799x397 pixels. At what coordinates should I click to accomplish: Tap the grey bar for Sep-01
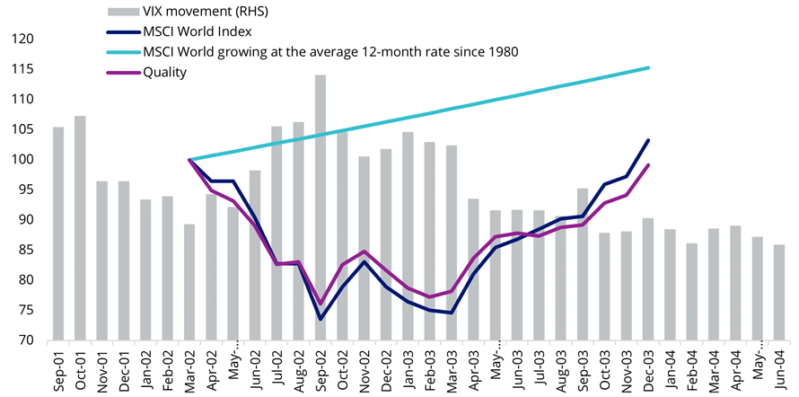pyautogui.click(x=58, y=234)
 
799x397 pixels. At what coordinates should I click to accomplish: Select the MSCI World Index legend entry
pyautogui.click(x=199, y=32)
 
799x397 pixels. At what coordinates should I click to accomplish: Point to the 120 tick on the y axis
pyautogui.click(x=22, y=39)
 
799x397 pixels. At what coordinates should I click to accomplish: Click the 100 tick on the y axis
pyautogui.click(x=22, y=160)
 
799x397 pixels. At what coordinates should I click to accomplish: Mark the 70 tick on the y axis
pyautogui.click(x=26, y=341)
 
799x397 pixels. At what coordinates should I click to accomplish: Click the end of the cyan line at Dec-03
pyautogui.click(x=648, y=67)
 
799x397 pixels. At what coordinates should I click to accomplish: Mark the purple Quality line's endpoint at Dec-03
pyautogui.click(x=648, y=164)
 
